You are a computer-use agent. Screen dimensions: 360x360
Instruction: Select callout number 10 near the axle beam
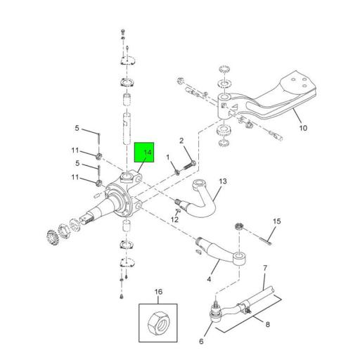point(303,128)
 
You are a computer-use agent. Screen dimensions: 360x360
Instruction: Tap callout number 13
point(222,181)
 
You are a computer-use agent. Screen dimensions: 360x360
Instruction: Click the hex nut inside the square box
point(158,321)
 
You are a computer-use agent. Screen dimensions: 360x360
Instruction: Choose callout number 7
point(265,268)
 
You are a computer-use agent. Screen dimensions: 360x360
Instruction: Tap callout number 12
point(174,219)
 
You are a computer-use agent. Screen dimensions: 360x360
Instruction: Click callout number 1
point(167,157)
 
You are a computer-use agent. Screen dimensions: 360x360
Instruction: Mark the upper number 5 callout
point(77,128)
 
